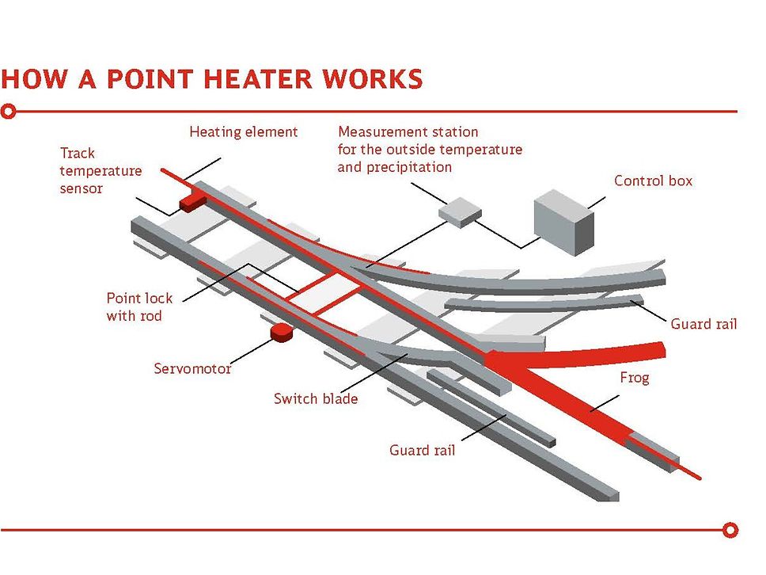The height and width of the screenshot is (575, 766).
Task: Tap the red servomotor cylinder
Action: coord(279,333)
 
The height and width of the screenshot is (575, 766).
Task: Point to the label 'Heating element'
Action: coord(243,131)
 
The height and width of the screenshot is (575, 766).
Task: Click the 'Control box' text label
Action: coord(653,181)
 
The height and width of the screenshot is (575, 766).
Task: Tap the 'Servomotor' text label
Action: coord(192,368)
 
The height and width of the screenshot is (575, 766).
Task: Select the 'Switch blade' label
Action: coord(316,398)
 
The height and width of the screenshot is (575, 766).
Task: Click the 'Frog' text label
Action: coord(635,378)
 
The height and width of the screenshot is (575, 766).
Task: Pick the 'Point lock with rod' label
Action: coord(139,307)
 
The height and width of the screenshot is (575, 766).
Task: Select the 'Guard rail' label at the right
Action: coord(703,324)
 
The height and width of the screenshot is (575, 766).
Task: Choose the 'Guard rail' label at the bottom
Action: coord(422,451)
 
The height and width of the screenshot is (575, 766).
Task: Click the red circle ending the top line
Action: coord(9,112)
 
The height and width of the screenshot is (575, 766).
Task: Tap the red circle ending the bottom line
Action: coord(731,529)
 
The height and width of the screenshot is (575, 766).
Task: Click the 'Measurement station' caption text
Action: coord(408,131)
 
